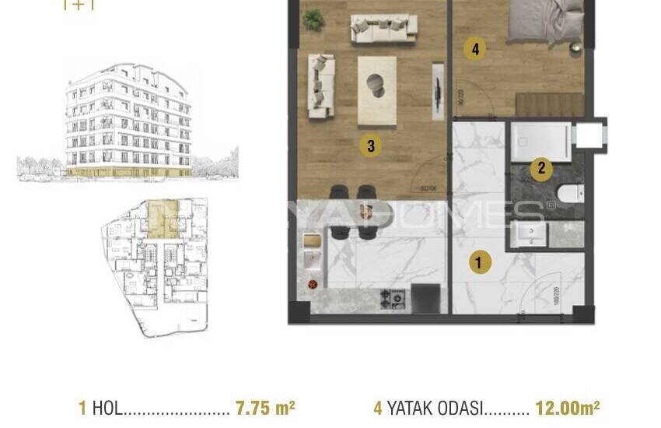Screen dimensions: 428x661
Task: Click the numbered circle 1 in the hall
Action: tap(479, 263)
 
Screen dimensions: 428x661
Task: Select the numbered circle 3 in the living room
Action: tap(371, 145)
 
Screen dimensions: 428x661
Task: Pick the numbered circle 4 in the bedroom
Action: tap(474, 50)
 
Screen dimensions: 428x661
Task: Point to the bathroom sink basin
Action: tap(533, 233)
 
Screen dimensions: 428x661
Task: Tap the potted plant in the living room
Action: tap(313, 19)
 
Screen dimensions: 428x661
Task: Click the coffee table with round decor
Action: tap(376, 89)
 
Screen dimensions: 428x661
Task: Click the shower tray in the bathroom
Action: tap(541, 142)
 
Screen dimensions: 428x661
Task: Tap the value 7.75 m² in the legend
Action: tap(264, 408)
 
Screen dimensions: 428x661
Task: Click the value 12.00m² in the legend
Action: tap(568, 408)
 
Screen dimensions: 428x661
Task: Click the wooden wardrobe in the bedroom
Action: tap(549, 104)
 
